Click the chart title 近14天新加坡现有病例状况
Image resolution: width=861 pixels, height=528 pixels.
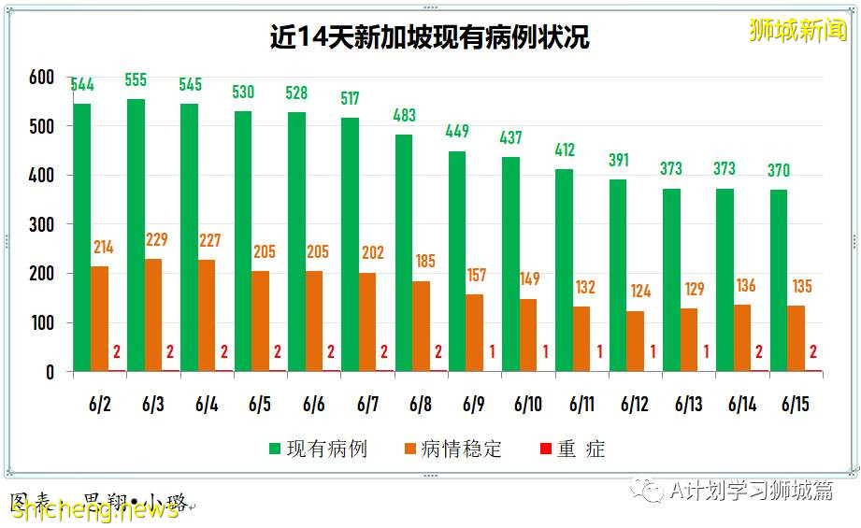(x=430, y=37)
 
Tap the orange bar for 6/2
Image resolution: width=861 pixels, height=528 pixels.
(x=100, y=319)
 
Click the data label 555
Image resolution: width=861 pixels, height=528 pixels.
(x=136, y=80)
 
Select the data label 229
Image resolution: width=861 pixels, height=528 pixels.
(x=157, y=240)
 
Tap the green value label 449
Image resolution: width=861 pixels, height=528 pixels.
(x=457, y=132)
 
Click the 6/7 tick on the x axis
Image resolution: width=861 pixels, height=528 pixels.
(x=368, y=405)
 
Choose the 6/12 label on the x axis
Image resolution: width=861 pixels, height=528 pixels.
(x=635, y=405)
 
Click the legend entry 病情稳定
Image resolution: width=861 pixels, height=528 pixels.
(x=452, y=450)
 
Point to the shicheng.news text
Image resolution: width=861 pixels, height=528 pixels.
(x=93, y=509)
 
